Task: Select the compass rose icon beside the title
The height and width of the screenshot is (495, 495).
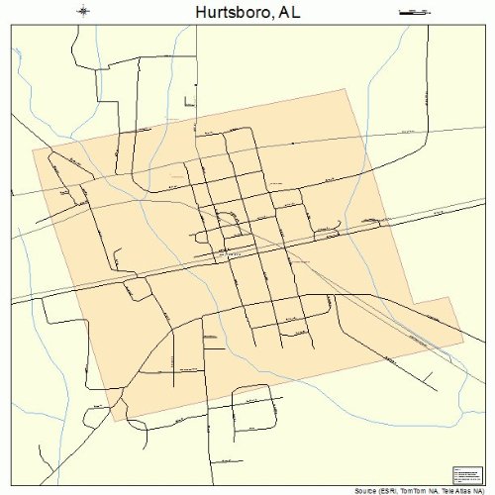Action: tap(85, 12)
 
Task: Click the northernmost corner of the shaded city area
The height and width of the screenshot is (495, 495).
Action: tap(348, 89)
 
